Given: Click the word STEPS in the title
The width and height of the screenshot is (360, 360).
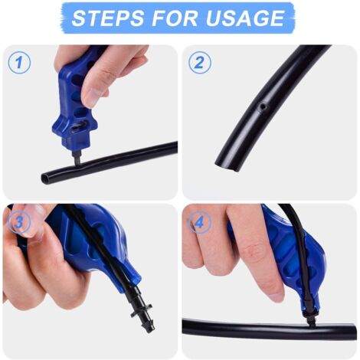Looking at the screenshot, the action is coord(107,18).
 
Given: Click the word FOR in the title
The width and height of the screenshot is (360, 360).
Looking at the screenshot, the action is coord(175,18).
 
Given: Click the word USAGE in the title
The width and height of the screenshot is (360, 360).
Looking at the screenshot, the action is coord(245,18).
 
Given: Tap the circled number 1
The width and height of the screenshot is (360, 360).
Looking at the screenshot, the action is coord(19,62).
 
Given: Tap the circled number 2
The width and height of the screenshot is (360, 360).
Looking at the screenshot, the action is coord(200,62).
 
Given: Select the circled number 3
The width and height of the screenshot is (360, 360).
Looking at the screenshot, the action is coord(19,221).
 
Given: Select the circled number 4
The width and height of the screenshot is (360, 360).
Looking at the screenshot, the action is coord(200,221).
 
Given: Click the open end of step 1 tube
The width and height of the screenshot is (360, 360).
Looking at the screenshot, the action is coord(46,178).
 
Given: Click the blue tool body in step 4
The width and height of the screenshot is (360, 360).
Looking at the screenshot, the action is coord(293,258).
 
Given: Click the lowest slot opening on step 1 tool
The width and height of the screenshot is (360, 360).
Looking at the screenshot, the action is coord(79,128).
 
